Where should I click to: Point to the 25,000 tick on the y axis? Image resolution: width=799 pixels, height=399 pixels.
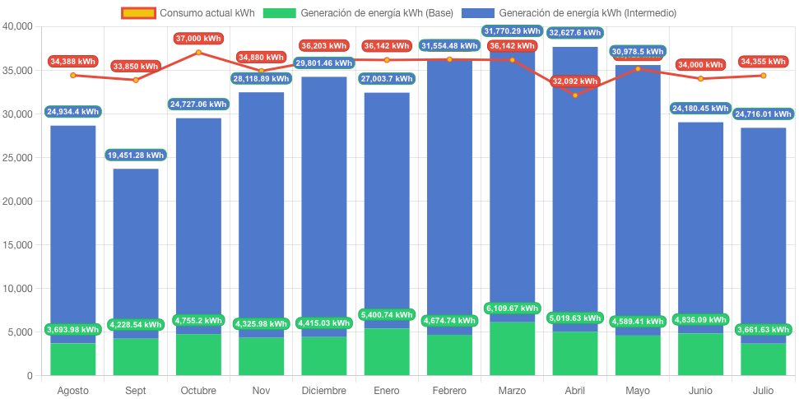click(x=17, y=157)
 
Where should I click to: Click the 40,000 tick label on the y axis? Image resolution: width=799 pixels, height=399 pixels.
click(x=17, y=26)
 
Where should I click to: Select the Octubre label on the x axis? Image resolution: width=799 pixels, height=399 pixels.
click(x=198, y=390)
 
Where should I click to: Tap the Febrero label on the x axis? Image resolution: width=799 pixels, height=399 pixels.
click(x=449, y=390)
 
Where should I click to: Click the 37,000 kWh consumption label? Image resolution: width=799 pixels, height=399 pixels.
click(x=198, y=39)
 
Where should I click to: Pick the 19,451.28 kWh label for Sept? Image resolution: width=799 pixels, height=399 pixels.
click(x=136, y=155)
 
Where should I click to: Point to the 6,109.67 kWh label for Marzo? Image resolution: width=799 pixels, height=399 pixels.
click(x=512, y=309)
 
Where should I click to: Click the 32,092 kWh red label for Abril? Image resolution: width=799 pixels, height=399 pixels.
click(x=574, y=81)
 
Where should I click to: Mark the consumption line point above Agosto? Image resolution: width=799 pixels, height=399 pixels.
click(x=73, y=75)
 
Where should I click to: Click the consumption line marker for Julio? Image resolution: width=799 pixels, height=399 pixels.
click(x=763, y=75)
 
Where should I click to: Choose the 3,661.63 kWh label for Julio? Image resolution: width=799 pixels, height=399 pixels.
click(x=763, y=329)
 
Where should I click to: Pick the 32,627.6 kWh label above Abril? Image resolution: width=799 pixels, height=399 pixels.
click(x=574, y=33)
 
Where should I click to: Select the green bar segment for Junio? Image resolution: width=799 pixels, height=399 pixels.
click(x=700, y=355)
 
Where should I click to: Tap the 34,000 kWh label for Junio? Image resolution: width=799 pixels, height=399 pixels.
click(x=700, y=65)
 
